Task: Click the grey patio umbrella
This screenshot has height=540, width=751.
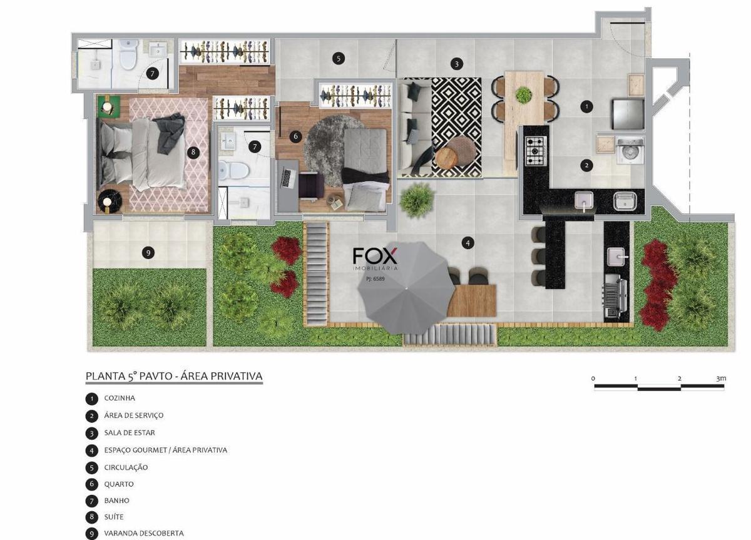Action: click(x=406, y=288)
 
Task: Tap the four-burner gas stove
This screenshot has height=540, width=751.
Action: click(x=536, y=151)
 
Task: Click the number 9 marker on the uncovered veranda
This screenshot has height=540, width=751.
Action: click(x=148, y=253)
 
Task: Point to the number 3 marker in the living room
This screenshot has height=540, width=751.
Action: click(x=456, y=64)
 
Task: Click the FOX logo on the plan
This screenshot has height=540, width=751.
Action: click(x=375, y=257)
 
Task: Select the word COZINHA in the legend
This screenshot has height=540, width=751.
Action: click(x=120, y=398)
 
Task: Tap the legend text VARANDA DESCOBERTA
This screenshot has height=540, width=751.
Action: click(x=144, y=533)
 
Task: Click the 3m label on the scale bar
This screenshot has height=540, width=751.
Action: click(x=721, y=379)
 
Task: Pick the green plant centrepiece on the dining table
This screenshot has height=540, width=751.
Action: click(x=523, y=95)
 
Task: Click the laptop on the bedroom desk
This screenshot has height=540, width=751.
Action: click(x=288, y=178)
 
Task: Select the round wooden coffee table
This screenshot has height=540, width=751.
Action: click(x=446, y=158)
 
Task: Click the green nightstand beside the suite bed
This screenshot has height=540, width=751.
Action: click(x=109, y=106)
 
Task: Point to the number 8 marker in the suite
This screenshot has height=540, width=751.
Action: click(x=193, y=153)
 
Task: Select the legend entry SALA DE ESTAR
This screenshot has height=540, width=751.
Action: click(x=130, y=433)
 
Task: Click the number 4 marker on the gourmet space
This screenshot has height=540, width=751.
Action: click(x=467, y=243)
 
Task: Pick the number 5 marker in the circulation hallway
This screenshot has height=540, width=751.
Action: click(x=339, y=59)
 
